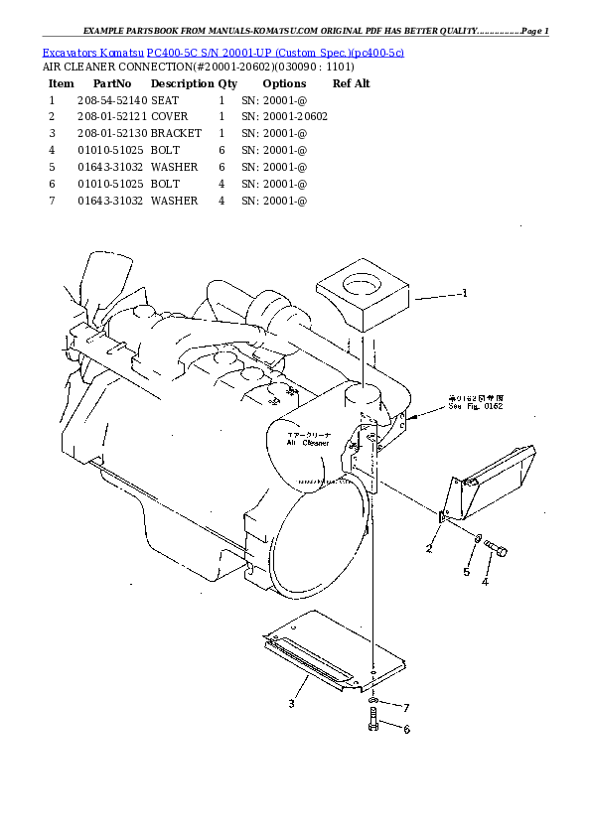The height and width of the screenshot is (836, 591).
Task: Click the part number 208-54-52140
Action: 111,100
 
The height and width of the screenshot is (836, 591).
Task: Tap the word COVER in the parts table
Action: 171,117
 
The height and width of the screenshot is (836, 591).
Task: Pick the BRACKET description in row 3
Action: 176,133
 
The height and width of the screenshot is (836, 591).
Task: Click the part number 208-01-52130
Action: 111,133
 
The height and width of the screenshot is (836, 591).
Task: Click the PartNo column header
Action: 111,83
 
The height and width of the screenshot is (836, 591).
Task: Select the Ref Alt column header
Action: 352,83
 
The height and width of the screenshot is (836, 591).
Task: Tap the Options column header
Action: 284,83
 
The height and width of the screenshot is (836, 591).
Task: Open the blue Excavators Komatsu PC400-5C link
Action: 222,50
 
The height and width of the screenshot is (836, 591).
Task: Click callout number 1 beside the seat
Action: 464,293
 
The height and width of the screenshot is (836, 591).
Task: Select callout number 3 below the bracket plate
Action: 291,704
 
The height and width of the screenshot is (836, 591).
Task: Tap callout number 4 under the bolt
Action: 485,582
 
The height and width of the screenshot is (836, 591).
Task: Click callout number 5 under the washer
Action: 465,572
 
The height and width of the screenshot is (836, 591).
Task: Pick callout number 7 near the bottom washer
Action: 405,707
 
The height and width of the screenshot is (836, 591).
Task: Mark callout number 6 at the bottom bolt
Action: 405,730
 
